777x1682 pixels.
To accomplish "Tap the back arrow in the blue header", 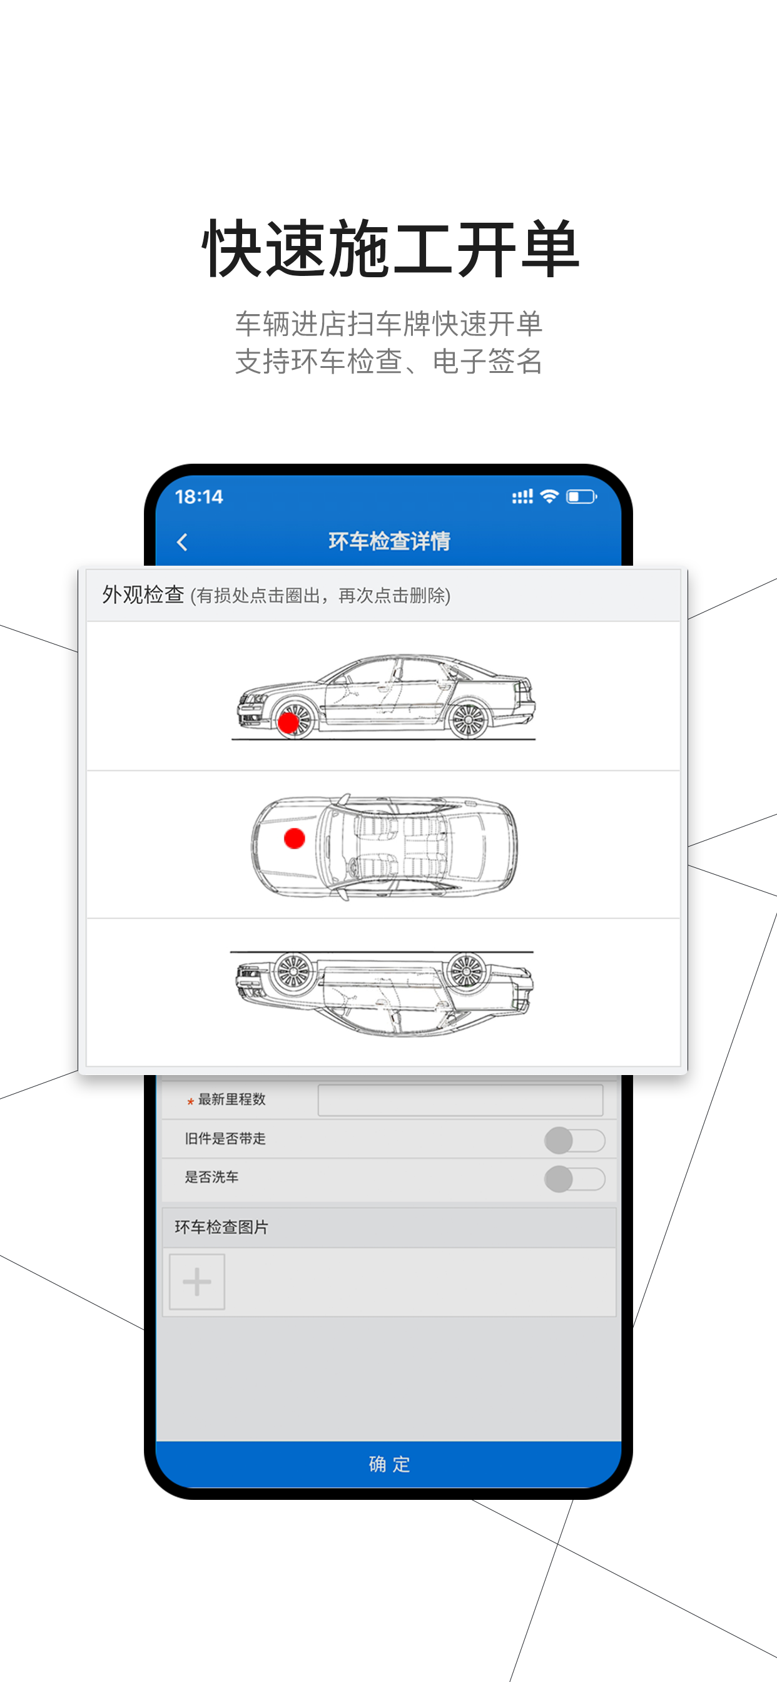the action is (182, 542).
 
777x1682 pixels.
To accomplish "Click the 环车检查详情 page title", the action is (389, 541).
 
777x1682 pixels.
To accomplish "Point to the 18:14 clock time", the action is (199, 497).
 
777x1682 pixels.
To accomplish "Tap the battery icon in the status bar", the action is (581, 497).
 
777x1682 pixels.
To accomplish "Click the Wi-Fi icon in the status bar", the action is (550, 496).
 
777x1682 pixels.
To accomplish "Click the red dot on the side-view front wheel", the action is (288, 723).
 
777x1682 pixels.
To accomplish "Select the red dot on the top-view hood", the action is (295, 838).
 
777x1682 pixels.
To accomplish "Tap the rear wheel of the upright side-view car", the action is (468, 720).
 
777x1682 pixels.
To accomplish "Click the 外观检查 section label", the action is (143, 595).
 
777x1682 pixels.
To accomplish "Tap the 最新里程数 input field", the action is (460, 1100).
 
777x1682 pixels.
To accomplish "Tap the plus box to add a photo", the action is (197, 1282).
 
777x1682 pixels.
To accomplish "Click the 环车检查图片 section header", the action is (221, 1228).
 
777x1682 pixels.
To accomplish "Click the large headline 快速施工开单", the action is (390, 249).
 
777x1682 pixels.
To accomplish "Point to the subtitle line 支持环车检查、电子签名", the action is (388, 361).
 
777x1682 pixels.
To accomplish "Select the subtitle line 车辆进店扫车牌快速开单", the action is (388, 324).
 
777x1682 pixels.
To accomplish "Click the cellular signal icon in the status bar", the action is (522, 497).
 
